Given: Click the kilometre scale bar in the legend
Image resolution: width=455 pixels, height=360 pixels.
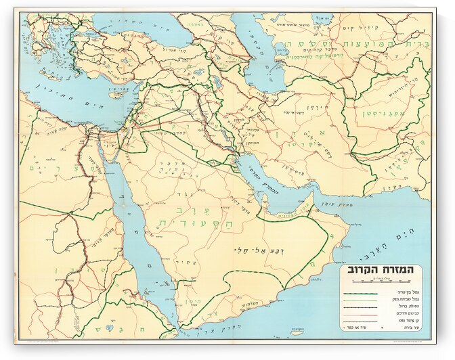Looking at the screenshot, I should click(x=383, y=283).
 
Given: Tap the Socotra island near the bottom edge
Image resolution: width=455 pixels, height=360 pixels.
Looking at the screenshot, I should click(x=295, y=332).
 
